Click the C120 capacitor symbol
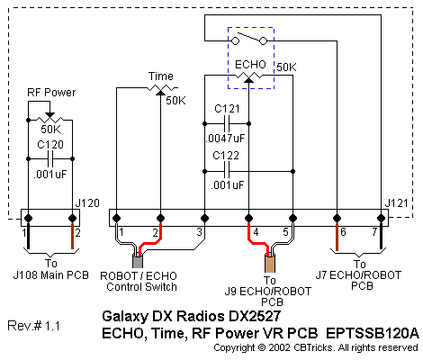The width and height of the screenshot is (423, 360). point(50,159)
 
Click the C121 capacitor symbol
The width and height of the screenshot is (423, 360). point(227,123)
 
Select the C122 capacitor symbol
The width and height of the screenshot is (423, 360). point(227,172)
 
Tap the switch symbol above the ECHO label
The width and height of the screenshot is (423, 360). point(249,38)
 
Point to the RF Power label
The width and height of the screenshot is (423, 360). point(51,93)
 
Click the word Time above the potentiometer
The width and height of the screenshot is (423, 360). point(161,76)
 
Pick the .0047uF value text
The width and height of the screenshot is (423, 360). point(225,139)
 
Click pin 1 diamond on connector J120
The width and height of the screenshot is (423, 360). point(28,218)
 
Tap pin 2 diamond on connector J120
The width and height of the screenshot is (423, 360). point(72,218)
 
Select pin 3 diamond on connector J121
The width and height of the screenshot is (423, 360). point(204,218)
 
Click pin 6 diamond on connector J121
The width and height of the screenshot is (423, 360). point(337,218)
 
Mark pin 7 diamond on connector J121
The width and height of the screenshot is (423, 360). point(381,218)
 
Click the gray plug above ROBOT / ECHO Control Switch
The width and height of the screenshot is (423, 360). point(138,261)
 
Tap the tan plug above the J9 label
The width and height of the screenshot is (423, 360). point(270,263)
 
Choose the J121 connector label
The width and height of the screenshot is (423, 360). point(396,203)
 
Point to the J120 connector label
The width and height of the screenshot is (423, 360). point(87,203)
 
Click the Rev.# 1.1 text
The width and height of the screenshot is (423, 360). point(33,326)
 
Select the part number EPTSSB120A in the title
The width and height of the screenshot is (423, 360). point(372,333)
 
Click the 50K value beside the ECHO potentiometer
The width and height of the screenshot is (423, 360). point(286,67)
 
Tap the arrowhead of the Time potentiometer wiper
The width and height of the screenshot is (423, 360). point(160,93)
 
